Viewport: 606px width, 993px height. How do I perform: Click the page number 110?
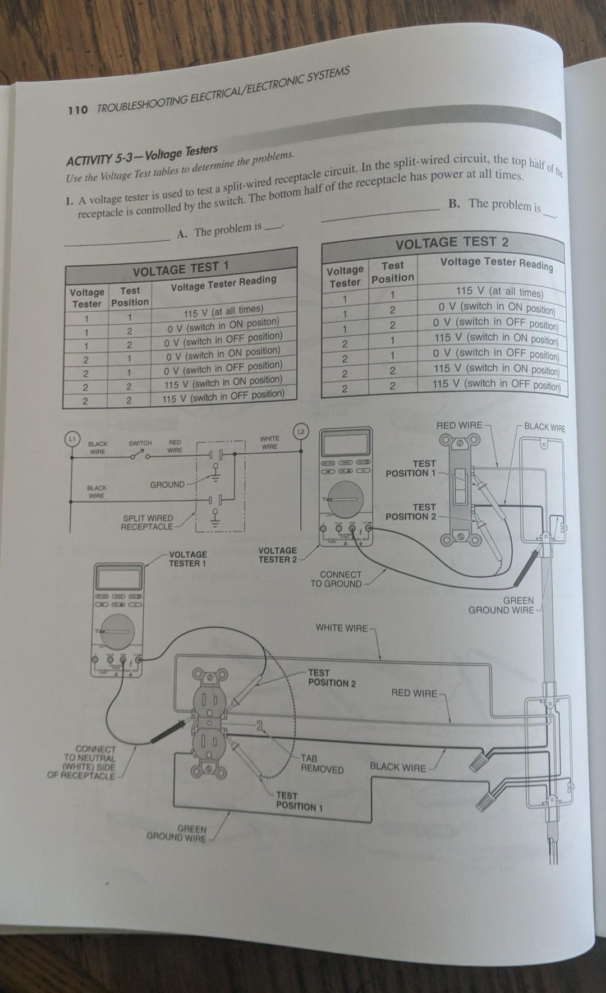click(77, 110)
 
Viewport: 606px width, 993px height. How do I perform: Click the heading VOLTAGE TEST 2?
click(452, 242)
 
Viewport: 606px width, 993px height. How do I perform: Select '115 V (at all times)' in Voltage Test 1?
click(223, 310)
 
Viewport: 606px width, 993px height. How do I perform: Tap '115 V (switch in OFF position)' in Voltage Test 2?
click(496, 385)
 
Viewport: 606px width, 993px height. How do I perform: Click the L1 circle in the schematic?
click(71, 437)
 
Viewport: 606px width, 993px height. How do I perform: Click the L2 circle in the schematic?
click(301, 431)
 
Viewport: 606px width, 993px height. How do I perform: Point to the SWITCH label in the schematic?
click(140, 443)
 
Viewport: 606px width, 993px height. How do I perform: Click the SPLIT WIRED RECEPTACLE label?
click(148, 522)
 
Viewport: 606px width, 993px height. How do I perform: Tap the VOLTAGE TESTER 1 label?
click(187, 558)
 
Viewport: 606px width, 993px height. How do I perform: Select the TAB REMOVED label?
click(322, 764)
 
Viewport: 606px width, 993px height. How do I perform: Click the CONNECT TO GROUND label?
click(336, 579)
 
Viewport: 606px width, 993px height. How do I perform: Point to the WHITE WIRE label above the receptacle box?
click(342, 628)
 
